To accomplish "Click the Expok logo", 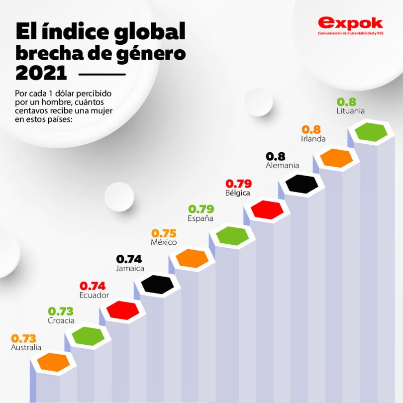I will point(350,25).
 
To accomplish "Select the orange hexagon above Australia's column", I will point(54,362).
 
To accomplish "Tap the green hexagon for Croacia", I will point(88,336).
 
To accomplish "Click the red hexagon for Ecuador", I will point(122,310).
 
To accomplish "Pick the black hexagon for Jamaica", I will point(157,284).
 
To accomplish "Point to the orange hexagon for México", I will point(192,258).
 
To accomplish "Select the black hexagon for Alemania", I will point(302,184).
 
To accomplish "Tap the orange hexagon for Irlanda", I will point(336,158).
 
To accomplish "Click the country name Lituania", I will point(350,111).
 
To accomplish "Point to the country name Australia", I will point(26,348).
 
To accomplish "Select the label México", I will point(164,242).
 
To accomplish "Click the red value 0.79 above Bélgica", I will point(239,183).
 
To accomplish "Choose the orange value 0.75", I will point(164,233).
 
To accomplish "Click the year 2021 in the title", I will point(41,73).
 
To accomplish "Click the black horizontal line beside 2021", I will point(102,75).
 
